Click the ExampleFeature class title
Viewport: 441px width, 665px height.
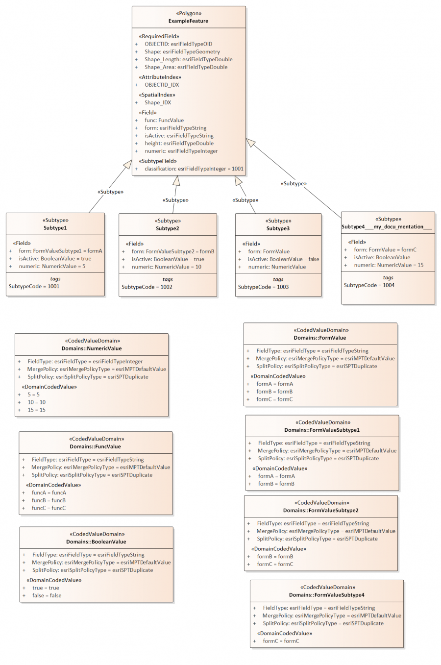[x=188, y=21]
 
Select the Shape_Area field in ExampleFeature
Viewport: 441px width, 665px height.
[x=186, y=67]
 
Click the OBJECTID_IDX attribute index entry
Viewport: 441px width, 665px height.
[x=162, y=85]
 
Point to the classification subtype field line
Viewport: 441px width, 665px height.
[x=194, y=169]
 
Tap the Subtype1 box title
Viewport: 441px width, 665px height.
[x=55, y=228]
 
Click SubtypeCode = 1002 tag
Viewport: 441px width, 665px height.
[x=147, y=287]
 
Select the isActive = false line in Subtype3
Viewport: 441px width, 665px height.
[x=283, y=259]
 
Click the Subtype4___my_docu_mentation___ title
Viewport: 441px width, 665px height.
[x=387, y=227]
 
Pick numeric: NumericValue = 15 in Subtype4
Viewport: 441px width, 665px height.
[x=389, y=265]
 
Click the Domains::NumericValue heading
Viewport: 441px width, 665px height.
[x=92, y=348]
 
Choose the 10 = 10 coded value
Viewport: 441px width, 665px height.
[x=36, y=402]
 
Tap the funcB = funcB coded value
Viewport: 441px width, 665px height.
[x=49, y=500]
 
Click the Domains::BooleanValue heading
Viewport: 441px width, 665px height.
[x=96, y=542]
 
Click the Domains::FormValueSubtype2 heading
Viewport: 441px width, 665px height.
[x=320, y=511]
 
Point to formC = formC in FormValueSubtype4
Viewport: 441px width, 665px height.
[x=281, y=641]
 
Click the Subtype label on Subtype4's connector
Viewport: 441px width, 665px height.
[x=294, y=184]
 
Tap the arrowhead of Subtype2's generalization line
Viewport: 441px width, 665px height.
[x=176, y=180]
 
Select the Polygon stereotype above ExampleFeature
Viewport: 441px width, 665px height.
[x=189, y=13]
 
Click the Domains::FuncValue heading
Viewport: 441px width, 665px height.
[x=95, y=446]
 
